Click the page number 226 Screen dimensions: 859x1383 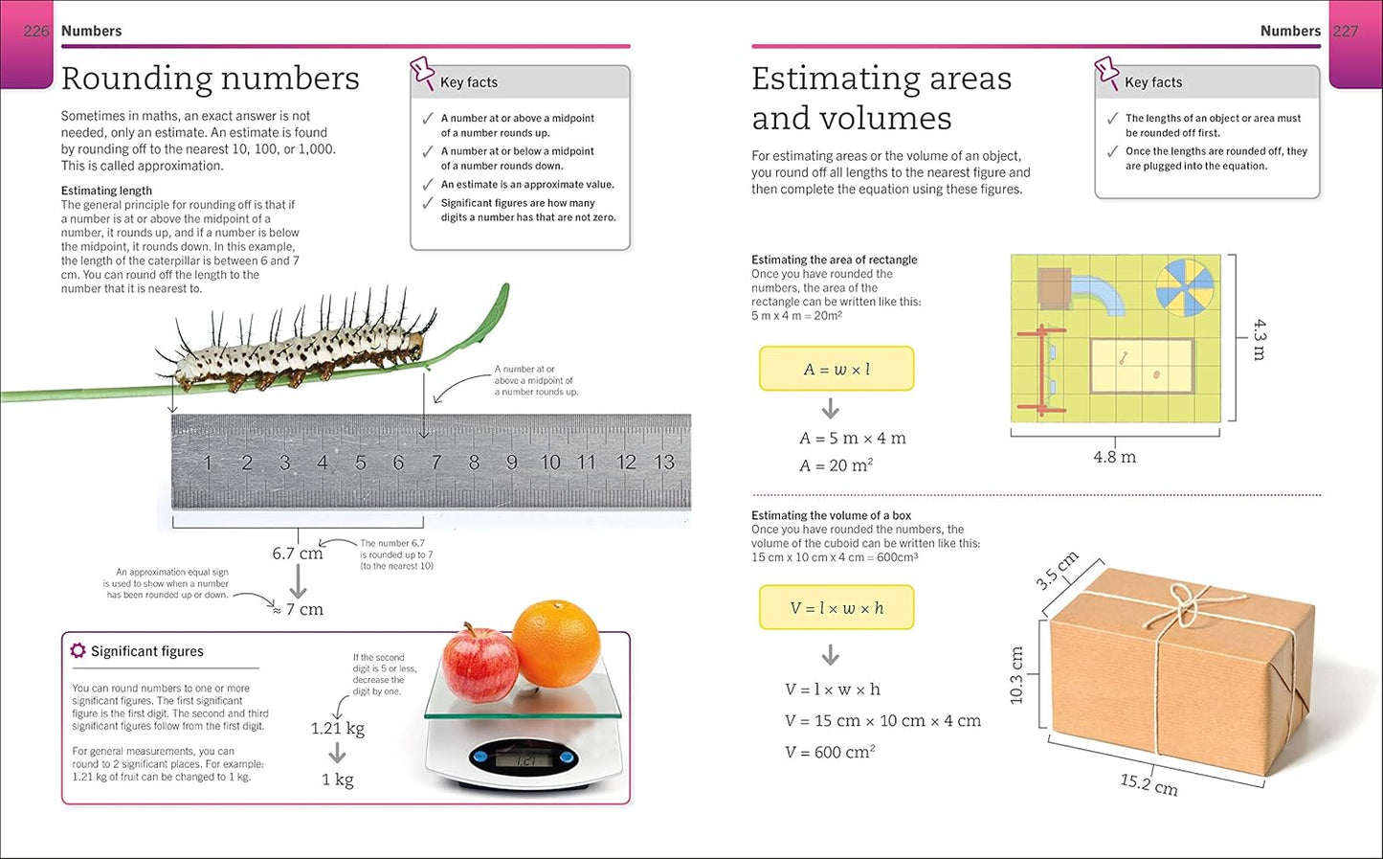35,31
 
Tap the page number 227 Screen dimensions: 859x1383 1346,31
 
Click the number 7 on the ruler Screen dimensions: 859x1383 436,463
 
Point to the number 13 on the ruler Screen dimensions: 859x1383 664,463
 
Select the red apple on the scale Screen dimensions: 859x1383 480,664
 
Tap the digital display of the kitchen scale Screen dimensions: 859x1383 525,759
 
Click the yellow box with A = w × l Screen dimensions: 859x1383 836,369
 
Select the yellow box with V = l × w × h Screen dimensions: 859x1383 836,608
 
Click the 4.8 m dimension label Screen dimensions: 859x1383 1114,458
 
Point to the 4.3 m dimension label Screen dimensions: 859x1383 1260,340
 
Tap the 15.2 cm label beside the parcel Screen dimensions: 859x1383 1149,784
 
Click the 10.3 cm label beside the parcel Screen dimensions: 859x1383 1016,675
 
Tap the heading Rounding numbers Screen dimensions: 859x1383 211,79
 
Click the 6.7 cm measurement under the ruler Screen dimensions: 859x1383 298,554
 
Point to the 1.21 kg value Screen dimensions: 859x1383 338,729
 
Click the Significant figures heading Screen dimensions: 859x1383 146,651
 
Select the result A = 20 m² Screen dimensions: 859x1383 836,465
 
